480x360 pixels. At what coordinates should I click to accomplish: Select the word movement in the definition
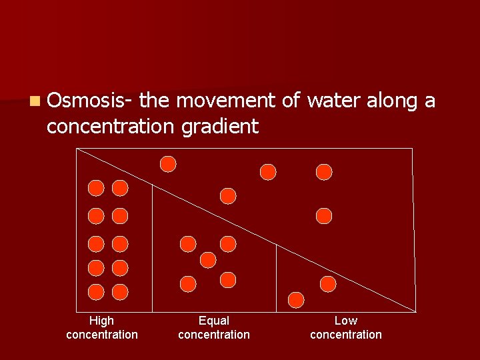227,101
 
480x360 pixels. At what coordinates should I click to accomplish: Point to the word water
332,101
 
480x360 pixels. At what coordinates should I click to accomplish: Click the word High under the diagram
101,321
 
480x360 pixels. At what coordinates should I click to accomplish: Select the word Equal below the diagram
213,321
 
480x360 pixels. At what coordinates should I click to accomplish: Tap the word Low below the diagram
345,321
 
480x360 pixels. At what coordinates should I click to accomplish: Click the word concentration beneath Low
345,335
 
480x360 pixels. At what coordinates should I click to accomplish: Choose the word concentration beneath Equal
213,335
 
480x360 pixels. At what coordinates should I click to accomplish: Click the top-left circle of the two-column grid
97,188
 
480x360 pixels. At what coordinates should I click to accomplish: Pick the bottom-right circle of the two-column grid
120,291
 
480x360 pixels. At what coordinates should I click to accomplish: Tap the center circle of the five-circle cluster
208,259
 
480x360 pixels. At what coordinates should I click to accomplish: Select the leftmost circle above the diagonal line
169,164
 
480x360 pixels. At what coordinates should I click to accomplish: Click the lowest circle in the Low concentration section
296,299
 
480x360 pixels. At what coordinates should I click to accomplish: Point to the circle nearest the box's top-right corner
324,172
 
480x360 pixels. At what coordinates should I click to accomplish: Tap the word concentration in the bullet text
106,126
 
